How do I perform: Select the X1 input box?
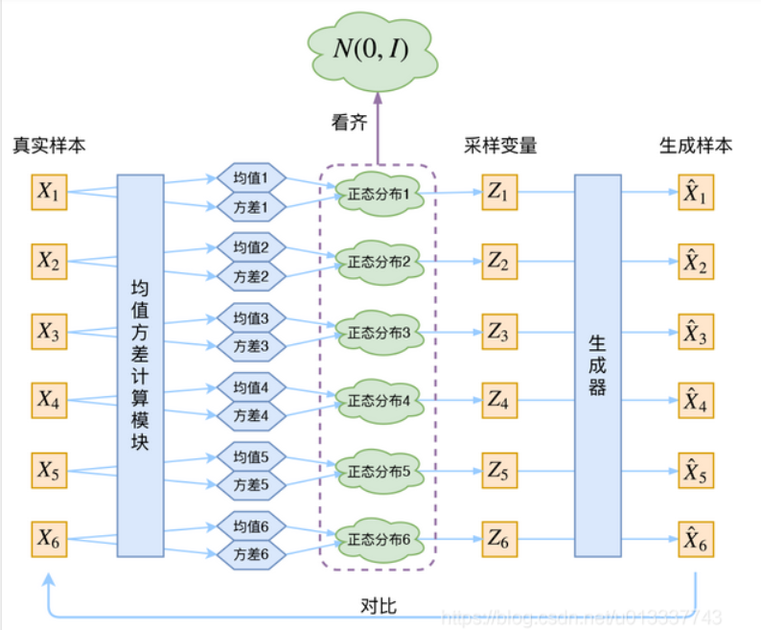point(49,193)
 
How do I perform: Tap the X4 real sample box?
point(49,401)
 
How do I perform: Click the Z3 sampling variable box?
point(499,332)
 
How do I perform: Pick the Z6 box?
point(499,540)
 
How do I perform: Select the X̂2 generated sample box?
point(695,262)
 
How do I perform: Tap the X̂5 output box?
point(695,471)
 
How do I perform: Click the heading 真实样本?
point(49,146)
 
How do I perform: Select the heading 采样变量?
point(499,146)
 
